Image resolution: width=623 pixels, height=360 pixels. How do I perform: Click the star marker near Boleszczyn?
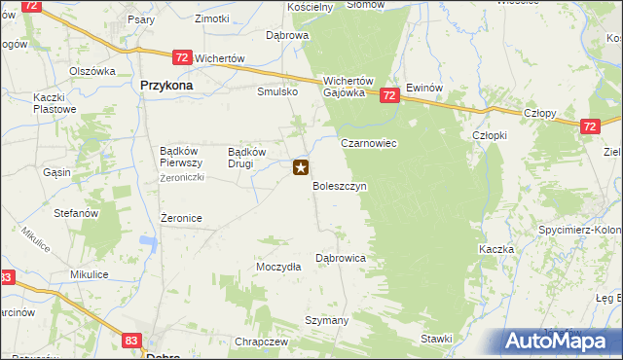pos(301,167)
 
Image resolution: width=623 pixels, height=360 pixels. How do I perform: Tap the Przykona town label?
pos(166,86)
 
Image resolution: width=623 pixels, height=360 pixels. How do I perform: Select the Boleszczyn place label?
pos(339,185)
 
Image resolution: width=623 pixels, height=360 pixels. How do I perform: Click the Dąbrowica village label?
pos(341,258)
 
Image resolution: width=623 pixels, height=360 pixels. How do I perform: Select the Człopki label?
pos(489,135)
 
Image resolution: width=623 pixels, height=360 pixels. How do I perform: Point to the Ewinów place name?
pos(425,87)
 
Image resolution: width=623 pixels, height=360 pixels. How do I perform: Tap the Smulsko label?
pos(276,92)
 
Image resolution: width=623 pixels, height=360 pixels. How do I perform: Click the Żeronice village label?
pos(181,218)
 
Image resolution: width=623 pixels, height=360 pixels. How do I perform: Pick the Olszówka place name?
pos(92,71)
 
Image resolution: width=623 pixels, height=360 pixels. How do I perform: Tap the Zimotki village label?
pos(211,18)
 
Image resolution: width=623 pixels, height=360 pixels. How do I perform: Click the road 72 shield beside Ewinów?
pos(389,95)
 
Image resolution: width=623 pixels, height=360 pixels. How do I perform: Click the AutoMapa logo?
pos(563,341)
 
